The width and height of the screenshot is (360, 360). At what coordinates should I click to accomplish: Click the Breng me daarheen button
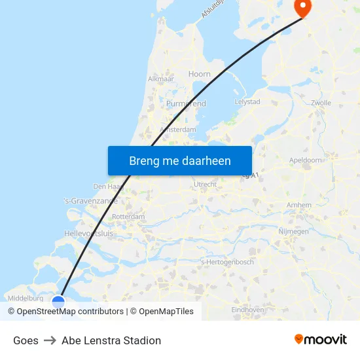point(180,160)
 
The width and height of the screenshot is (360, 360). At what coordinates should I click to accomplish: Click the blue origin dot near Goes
point(58,302)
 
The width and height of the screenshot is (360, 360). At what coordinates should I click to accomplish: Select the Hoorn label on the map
point(200,74)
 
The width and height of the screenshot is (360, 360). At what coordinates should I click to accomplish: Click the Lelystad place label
point(247,101)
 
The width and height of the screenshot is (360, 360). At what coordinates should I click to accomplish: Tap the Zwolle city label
point(321,103)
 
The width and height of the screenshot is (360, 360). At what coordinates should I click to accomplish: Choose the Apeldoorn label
point(305,160)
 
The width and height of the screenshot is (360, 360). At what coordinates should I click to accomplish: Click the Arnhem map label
point(299,205)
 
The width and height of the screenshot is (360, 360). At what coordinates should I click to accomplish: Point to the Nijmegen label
point(293,231)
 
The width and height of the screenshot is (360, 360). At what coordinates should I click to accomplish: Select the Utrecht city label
point(206,185)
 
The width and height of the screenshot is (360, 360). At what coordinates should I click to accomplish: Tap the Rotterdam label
point(128,216)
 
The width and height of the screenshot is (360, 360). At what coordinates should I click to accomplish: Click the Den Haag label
point(105,187)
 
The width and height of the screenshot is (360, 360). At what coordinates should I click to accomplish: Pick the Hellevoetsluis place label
point(88,233)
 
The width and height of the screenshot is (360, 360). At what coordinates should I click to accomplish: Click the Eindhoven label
point(248,310)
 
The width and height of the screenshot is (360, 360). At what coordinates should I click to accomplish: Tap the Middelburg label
point(27,298)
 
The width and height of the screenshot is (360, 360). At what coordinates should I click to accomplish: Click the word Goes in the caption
point(26,340)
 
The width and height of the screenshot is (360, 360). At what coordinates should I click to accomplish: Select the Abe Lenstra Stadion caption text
point(111,340)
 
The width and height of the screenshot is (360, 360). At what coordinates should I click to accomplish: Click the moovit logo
point(321,340)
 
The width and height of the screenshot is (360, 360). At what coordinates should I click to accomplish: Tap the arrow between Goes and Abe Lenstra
point(50,340)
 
